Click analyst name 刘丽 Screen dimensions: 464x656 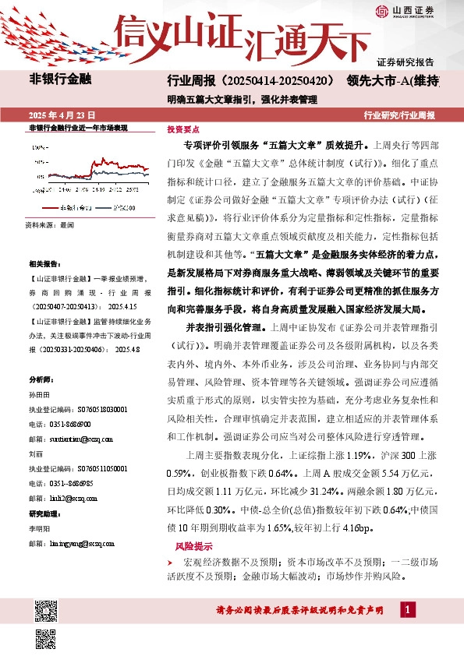pyautogui.click(x=36, y=452)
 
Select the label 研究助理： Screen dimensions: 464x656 pyautogui.click(x=45, y=513)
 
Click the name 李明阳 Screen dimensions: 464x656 pyautogui.click(x=39, y=529)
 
